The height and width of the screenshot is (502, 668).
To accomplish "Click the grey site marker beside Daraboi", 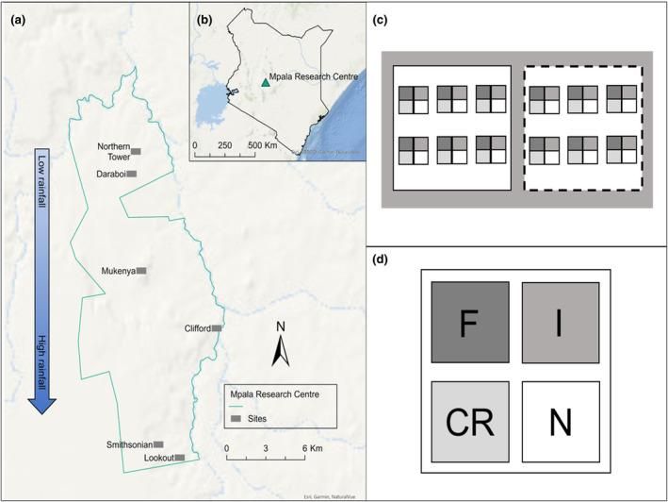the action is pos(132,174).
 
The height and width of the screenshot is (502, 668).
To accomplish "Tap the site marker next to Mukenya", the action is pos(141,271).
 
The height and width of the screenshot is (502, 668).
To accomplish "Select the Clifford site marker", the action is pos(217,328).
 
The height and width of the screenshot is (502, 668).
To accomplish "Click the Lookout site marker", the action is pos(179,458).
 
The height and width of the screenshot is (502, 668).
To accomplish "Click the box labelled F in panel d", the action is pos(470,322).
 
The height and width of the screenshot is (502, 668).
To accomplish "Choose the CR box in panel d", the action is pos(470,421).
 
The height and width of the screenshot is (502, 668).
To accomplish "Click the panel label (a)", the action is pos(16,15).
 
